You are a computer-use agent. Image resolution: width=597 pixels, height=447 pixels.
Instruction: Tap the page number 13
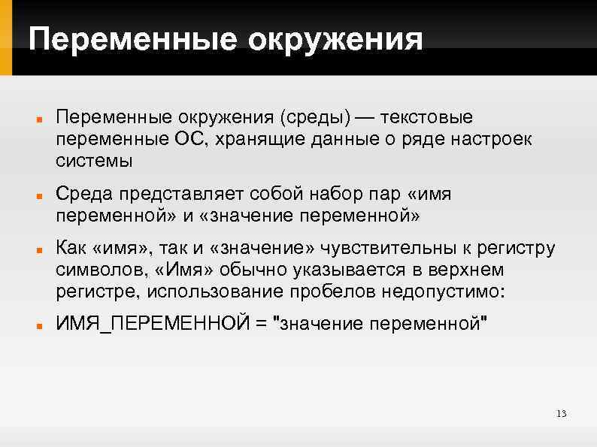561,414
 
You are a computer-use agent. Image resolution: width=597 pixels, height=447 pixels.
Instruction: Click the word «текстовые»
427,118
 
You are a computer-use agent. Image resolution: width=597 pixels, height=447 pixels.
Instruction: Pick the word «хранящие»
265,139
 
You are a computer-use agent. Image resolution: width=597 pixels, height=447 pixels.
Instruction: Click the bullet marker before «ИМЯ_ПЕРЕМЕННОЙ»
38,327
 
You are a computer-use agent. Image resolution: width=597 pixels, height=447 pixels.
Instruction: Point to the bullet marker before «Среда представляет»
38,197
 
